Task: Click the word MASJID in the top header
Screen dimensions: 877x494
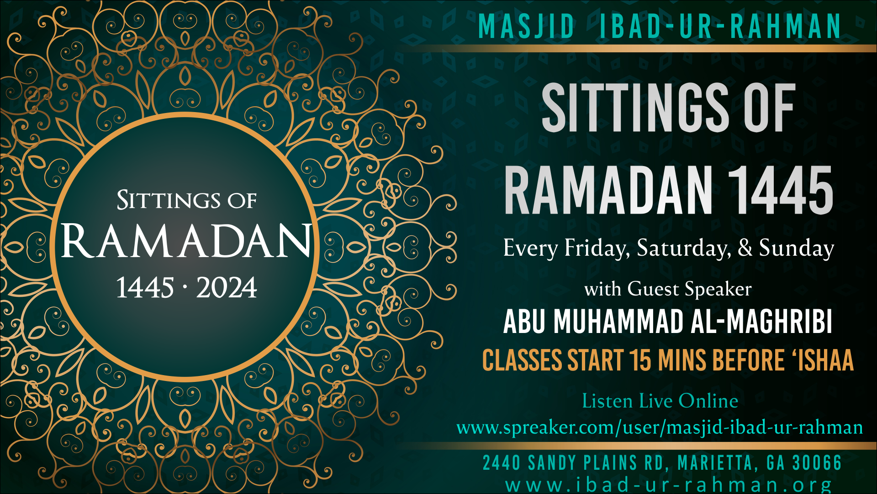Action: [x=526, y=26]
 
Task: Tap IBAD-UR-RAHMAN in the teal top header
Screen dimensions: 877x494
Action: [x=720, y=26]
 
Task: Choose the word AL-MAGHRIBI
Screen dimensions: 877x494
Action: [x=761, y=321]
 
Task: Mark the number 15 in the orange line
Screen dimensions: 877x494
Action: [x=640, y=360]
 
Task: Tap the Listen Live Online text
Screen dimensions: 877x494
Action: [x=660, y=401]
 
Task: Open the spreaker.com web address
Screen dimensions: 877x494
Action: [x=660, y=427]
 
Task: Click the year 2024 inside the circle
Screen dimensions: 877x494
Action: [x=227, y=288]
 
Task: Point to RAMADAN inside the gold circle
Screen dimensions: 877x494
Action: [x=186, y=241]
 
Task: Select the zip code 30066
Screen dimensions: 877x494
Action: [x=817, y=463]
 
